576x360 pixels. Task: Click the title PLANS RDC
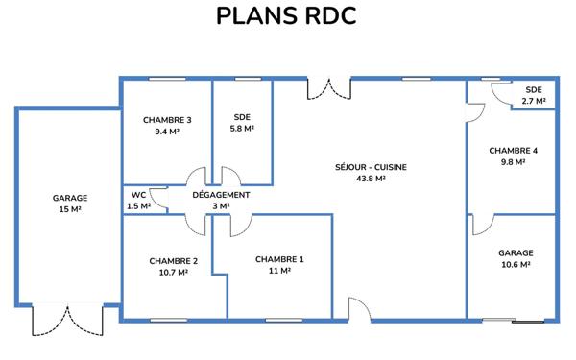click(287, 18)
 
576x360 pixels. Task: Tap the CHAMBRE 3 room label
click(167, 120)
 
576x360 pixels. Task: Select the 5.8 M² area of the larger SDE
click(242, 129)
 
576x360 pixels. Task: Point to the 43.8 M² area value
click(371, 179)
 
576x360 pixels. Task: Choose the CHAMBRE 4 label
click(513, 151)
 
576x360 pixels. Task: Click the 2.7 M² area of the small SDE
click(534, 100)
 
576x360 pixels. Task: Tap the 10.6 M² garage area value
click(516, 265)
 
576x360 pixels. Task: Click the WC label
click(138, 195)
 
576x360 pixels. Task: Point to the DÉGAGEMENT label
click(221, 195)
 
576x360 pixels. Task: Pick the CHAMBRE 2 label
click(174, 261)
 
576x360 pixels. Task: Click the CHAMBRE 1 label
click(279, 259)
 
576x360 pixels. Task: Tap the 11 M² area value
click(279, 272)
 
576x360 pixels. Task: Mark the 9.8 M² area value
click(513, 162)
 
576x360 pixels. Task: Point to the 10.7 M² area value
click(174, 273)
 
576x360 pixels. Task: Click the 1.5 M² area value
click(138, 205)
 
